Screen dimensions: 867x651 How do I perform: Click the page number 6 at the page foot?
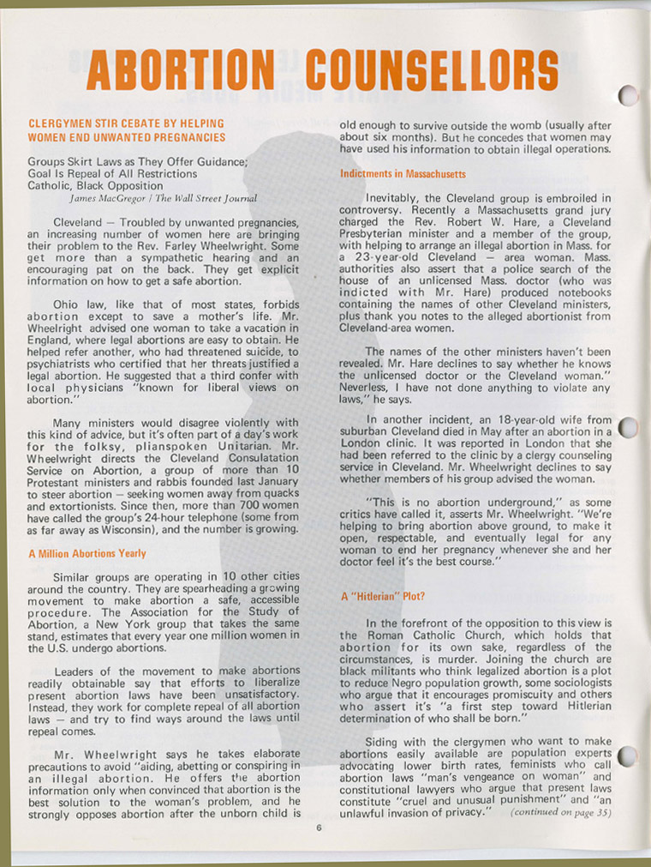point(317,828)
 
